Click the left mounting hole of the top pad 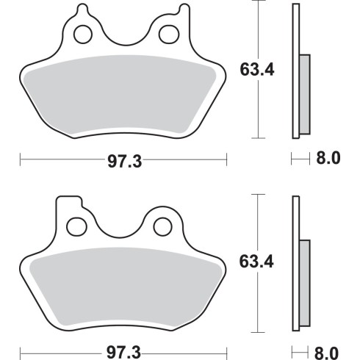(83, 35)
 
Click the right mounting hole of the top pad (169, 35)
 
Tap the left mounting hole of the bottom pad (76, 226)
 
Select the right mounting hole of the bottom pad (162, 227)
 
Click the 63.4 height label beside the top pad (257, 70)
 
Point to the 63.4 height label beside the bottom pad (256, 262)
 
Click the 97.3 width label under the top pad (125, 162)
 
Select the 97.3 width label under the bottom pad (123, 353)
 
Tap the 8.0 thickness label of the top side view (328, 158)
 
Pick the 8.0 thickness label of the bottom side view (326, 353)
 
